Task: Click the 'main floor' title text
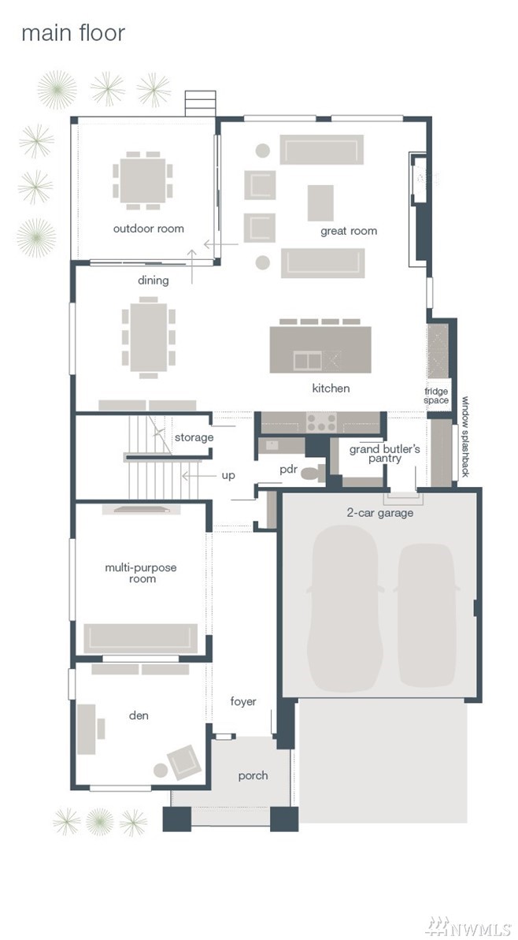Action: [73, 33]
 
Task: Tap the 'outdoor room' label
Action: [149, 228]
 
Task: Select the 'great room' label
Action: [349, 231]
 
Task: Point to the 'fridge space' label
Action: [437, 396]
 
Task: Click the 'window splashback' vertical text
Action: [465, 437]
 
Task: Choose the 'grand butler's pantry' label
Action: [384, 454]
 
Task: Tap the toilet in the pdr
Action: [312, 473]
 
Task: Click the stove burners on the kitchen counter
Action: [321, 422]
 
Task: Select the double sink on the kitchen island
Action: [307, 360]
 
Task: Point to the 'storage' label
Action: [194, 437]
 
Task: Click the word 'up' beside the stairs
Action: [228, 475]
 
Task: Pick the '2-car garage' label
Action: [379, 513]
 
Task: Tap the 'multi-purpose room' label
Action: [141, 573]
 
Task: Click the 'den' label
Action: [139, 715]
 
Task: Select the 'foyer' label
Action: [243, 701]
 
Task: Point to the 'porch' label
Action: [253, 776]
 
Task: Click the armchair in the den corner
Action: [183, 762]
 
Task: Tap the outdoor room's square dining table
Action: [142, 180]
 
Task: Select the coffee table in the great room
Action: [320, 202]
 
